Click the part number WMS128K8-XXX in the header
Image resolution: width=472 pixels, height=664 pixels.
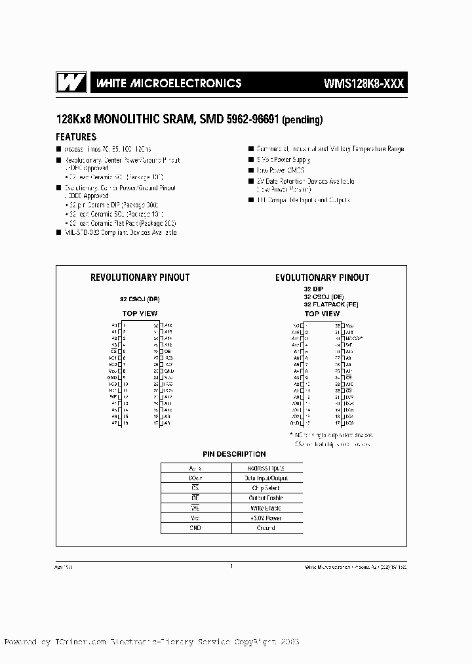[x=364, y=83]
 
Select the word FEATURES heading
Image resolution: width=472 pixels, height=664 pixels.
[x=76, y=137]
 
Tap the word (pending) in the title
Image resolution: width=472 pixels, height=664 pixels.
[x=302, y=119]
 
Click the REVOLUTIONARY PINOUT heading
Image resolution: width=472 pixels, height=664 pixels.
[x=140, y=278]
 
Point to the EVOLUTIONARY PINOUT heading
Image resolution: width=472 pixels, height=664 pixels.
[x=322, y=278]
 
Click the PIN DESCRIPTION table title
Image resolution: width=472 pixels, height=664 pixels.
[x=233, y=454]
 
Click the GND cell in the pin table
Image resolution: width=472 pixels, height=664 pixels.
[x=195, y=528]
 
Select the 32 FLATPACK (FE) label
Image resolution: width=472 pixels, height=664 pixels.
[x=331, y=305]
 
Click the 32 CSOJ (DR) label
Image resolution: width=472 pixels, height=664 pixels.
[x=140, y=299]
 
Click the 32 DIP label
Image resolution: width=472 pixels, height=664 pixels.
[x=313, y=289]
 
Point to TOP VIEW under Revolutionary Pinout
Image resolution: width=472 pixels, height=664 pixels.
[x=139, y=314]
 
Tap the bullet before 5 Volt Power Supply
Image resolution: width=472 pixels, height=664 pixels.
[x=250, y=160]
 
